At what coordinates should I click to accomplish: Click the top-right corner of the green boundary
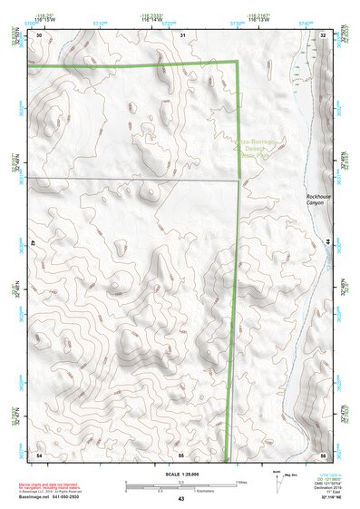238,62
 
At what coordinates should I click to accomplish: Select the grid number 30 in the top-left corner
38,34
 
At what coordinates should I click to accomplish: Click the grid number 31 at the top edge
182,34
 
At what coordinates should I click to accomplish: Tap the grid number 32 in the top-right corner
323,34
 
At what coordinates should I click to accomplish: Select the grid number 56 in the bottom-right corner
322,454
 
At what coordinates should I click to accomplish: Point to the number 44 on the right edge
326,243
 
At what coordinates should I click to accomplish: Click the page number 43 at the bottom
180,500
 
